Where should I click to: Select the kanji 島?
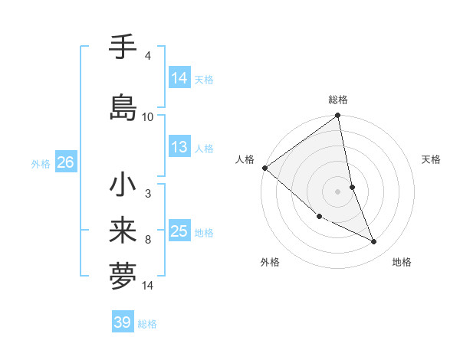tap(123, 106)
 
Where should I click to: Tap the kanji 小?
tap(123, 185)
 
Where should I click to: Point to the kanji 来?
tap(123, 231)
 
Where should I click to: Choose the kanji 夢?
tap(123, 277)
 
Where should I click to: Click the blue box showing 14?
tap(179, 78)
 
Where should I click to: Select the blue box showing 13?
tap(179, 147)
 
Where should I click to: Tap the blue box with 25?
tap(179, 231)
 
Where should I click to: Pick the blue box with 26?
tap(65, 162)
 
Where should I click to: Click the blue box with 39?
tap(123, 322)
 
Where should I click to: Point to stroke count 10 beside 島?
tap(148, 117)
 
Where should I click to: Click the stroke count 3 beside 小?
tap(147, 194)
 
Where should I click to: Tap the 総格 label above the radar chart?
tap(338, 100)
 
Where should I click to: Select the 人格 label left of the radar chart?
tap(245, 159)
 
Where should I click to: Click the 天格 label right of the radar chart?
tap(432, 159)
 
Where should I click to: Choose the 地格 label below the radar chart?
tap(402, 262)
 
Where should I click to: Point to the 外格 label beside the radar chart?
tap(270, 262)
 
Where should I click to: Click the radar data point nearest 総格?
tap(338, 116)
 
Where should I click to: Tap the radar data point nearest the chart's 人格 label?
tap(264, 168)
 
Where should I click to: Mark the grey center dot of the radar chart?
tap(338, 191)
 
